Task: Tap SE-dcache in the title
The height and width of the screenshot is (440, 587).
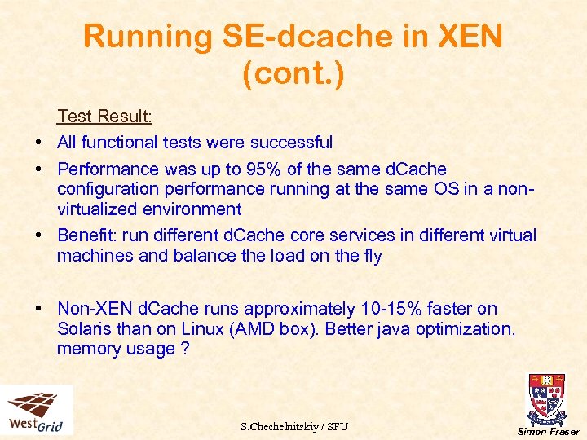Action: (x=293, y=37)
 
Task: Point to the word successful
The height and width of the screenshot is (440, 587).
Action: (x=291, y=143)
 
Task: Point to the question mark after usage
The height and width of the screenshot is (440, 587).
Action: (x=184, y=349)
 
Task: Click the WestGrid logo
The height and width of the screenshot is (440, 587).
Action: (x=37, y=411)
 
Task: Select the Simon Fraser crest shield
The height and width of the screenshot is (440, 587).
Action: (x=547, y=397)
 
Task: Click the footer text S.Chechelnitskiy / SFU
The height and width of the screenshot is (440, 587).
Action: (x=294, y=426)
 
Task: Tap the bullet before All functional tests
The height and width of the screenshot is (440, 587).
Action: (x=39, y=143)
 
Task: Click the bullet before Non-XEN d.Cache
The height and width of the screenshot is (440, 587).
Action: (x=39, y=309)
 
